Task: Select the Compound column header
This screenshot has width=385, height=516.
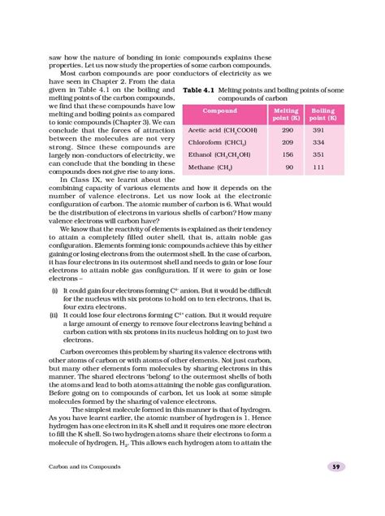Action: point(220,110)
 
